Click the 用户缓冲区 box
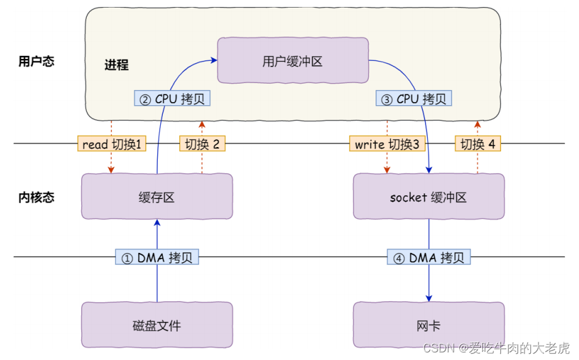click(x=293, y=61)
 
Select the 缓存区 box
click(x=156, y=197)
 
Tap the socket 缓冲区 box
click(x=428, y=197)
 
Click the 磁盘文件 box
click(x=156, y=325)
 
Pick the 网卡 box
click(x=428, y=325)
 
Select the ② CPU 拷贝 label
click(x=172, y=99)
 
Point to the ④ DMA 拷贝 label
click(x=429, y=257)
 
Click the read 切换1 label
click(x=111, y=145)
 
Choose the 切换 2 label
click(x=202, y=145)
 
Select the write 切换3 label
click(x=386, y=145)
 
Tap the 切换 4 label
click(x=478, y=145)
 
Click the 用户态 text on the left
click(x=36, y=61)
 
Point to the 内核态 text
click(x=36, y=197)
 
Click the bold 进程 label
click(x=117, y=65)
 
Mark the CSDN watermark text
click(x=496, y=348)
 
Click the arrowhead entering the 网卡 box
click(x=429, y=299)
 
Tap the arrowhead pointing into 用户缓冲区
click(x=213, y=61)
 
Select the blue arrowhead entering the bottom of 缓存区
click(x=156, y=222)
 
